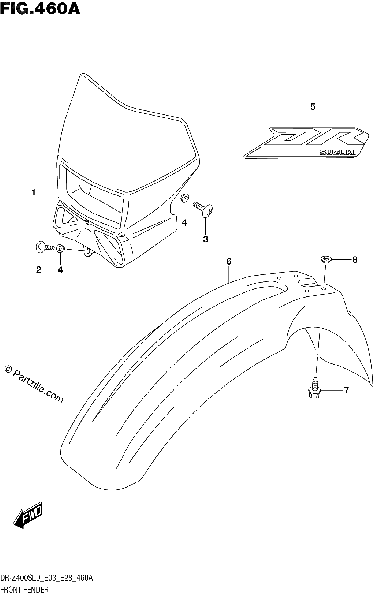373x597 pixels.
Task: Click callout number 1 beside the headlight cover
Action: [x=34, y=192]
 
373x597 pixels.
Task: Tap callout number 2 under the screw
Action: [x=39, y=270]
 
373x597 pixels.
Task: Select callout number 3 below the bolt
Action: [x=205, y=239]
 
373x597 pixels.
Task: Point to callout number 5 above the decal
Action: [x=313, y=107]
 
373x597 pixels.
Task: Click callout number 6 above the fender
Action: [x=229, y=262]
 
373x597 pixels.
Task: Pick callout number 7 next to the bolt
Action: [x=346, y=390]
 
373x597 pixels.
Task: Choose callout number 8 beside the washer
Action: [x=355, y=260]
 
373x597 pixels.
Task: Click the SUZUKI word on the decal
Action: [x=337, y=152]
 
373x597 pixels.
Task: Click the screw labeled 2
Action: [x=44, y=247]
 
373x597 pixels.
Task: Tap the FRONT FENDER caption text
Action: [x=24, y=589]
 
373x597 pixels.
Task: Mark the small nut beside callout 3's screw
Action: [x=185, y=198]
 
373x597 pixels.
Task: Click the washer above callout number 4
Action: [x=60, y=248]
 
